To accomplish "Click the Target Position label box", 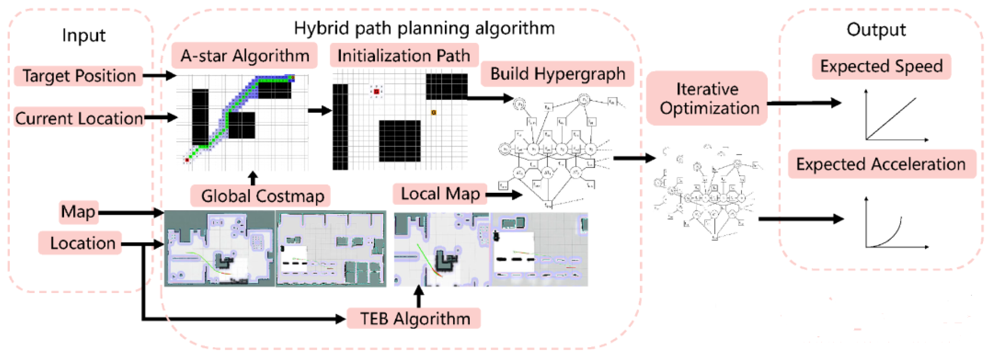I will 79,76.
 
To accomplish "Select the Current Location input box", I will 79,118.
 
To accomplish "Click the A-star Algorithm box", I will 244,56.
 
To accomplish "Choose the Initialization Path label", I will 404,56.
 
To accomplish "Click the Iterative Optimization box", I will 707,98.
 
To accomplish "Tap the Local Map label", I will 440,194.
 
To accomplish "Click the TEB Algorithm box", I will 414,319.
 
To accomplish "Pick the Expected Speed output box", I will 881,66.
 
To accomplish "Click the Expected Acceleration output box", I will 881,164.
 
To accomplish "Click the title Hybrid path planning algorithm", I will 424,28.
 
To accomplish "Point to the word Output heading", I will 876,30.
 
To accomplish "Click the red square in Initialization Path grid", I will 376,92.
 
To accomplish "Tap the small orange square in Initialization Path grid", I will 434,112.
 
